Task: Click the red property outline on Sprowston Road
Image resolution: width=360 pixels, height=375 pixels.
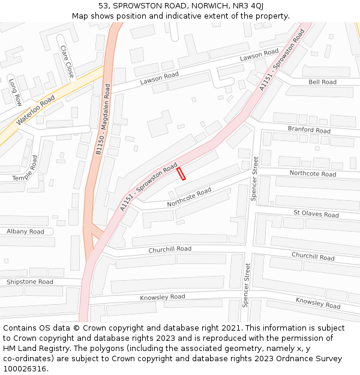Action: (181, 173)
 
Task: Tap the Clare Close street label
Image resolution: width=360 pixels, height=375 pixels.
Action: (67, 61)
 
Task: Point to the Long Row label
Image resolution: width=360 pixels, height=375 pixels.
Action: (15, 92)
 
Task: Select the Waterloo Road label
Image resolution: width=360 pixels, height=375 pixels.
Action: (35, 111)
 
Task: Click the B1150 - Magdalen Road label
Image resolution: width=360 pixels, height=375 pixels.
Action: (103, 120)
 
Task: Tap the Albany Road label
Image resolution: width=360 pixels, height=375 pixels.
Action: (25, 232)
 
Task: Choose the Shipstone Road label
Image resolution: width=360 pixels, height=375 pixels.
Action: (29, 281)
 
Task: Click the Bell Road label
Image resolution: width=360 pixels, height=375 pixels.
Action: (322, 82)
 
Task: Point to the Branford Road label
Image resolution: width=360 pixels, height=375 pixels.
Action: (308, 130)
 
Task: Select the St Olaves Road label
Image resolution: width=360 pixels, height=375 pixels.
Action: (316, 214)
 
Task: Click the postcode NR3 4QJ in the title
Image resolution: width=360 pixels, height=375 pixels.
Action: (248, 6)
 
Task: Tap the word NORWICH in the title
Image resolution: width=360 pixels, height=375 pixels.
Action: (205, 6)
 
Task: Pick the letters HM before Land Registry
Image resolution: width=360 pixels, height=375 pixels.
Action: (10, 349)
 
